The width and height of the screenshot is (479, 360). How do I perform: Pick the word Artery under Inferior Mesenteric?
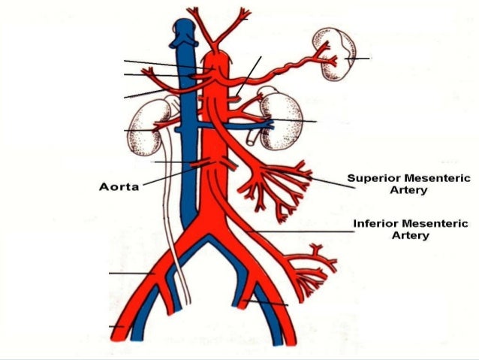pos(411,236)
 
